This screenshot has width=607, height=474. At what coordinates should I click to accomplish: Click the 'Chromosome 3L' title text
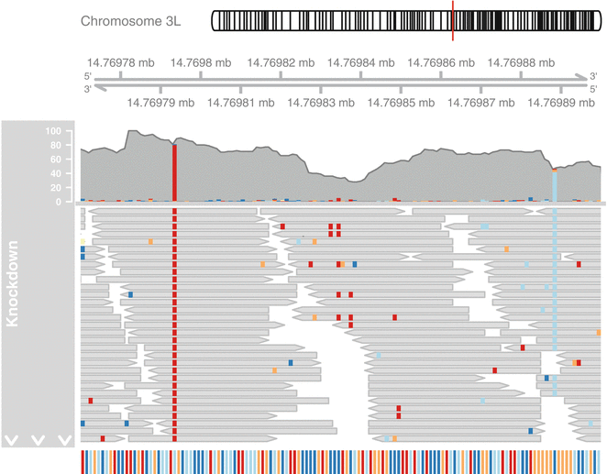pos(137,20)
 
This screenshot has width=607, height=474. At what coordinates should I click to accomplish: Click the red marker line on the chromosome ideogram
pos(453,20)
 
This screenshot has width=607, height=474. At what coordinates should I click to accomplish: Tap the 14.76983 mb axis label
pos(321,104)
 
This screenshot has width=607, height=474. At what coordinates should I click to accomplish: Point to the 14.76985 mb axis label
pos(402,104)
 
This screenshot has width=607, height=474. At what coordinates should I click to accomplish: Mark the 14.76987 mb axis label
pos(482,104)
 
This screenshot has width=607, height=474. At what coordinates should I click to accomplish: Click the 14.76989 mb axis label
pos(562,104)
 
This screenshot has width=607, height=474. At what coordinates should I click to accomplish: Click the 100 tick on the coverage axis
pos(52,131)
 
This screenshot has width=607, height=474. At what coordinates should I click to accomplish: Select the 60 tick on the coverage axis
pos(55,160)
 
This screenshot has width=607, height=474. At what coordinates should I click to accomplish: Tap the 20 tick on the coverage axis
pos(55,187)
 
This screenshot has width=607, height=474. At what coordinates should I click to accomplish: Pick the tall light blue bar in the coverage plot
pos(555,184)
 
